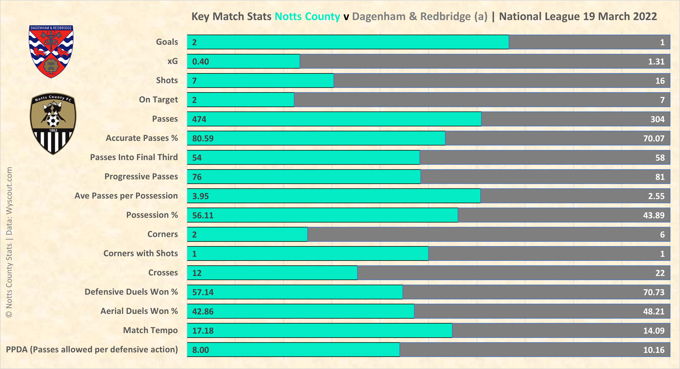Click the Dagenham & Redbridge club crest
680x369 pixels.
[x=51, y=52]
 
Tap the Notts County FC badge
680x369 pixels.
[x=53, y=124]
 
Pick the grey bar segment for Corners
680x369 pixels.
[x=488, y=234]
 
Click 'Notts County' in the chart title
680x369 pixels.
[x=307, y=17]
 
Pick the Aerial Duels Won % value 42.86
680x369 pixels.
[x=203, y=311]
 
